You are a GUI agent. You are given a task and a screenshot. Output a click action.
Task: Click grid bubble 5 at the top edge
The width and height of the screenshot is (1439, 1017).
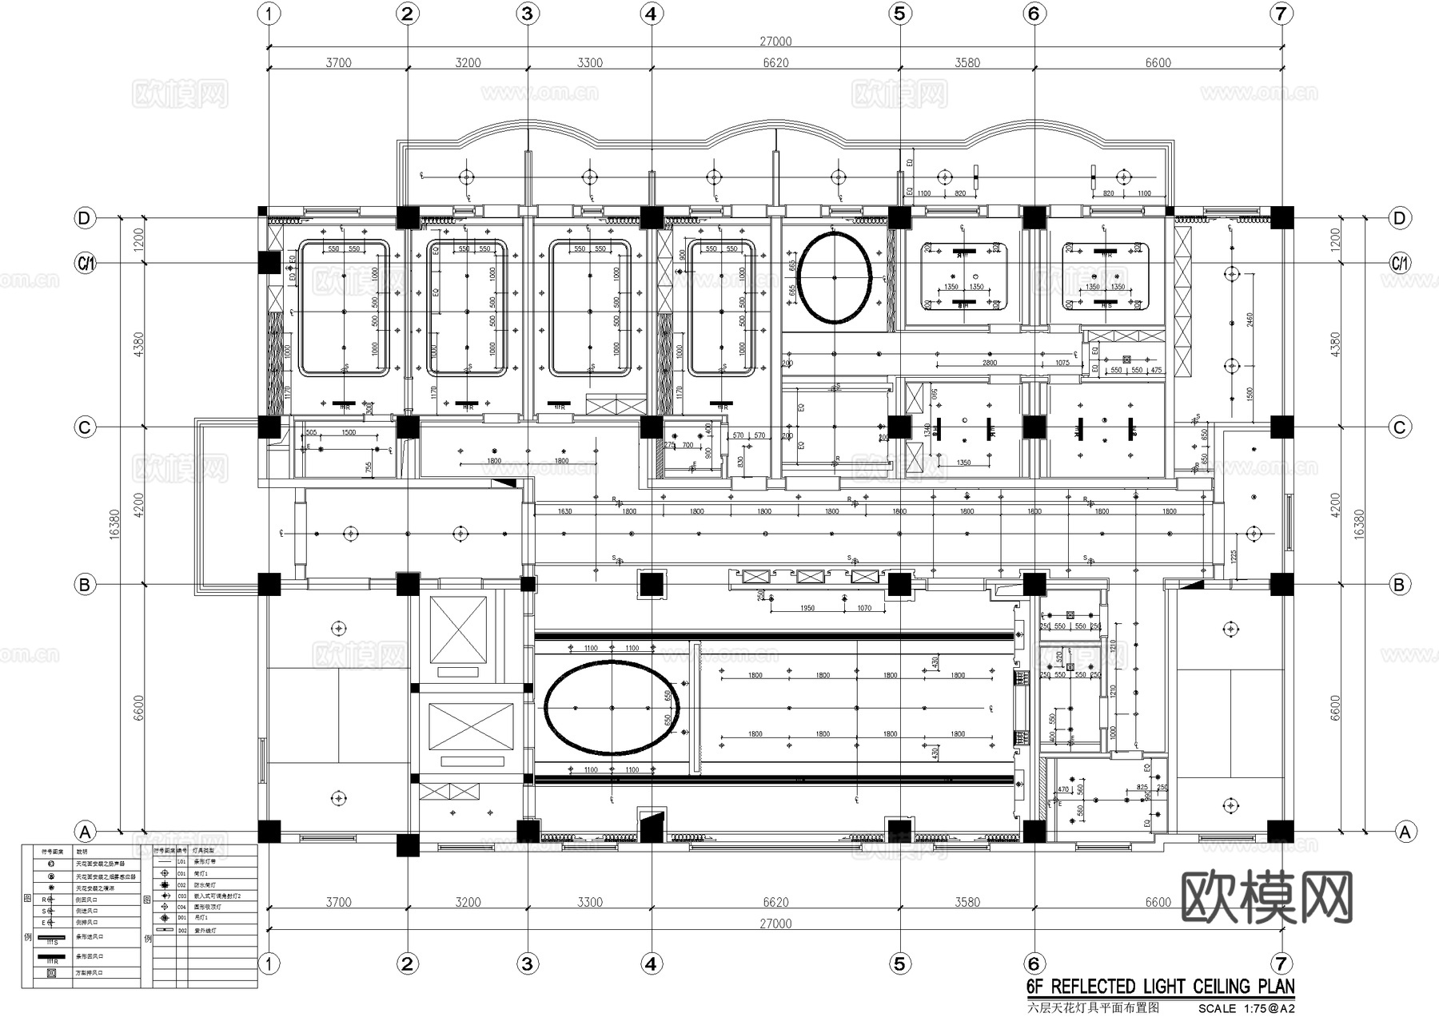click(x=899, y=14)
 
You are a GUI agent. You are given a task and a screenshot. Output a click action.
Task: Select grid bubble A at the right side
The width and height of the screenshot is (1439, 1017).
click(x=1405, y=832)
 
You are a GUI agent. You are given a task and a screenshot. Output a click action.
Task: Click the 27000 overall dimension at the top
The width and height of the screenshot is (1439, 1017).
click(x=775, y=42)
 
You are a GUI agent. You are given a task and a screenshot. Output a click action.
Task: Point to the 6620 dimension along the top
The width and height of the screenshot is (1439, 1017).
click(x=775, y=63)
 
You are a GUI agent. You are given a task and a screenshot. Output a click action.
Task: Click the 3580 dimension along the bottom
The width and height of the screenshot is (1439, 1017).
click(x=967, y=902)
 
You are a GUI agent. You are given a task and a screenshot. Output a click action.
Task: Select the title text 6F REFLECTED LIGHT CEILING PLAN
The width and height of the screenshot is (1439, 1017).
click(x=1160, y=986)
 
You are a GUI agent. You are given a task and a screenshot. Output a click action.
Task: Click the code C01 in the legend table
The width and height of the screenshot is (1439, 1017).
click(x=181, y=874)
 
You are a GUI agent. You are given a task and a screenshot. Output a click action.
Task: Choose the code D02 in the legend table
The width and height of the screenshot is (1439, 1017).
click(x=181, y=931)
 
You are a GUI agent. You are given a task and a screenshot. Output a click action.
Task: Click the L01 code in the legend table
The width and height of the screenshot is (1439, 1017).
click(x=181, y=862)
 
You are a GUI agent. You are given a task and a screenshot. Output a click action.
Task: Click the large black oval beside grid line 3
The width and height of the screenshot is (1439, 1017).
click(x=612, y=708)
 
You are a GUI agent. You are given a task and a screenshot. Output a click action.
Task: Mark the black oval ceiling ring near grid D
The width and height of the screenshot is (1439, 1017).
click(x=834, y=277)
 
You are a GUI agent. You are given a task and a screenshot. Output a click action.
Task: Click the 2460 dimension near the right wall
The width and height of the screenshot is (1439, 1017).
click(x=1250, y=320)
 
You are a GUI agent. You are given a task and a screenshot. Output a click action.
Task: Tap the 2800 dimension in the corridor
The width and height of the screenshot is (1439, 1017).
click(x=990, y=363)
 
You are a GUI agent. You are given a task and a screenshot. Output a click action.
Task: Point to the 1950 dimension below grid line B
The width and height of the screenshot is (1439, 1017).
click(x=807, y=608)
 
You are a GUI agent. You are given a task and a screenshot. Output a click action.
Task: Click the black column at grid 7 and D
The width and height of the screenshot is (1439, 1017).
click(x=1282, y=217)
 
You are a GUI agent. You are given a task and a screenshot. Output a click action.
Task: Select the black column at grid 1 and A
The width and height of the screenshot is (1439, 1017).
click(x=269, y=832)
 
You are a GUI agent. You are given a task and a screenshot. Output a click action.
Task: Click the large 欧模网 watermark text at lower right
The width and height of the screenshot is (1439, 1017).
click(x=1267, y=897)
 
